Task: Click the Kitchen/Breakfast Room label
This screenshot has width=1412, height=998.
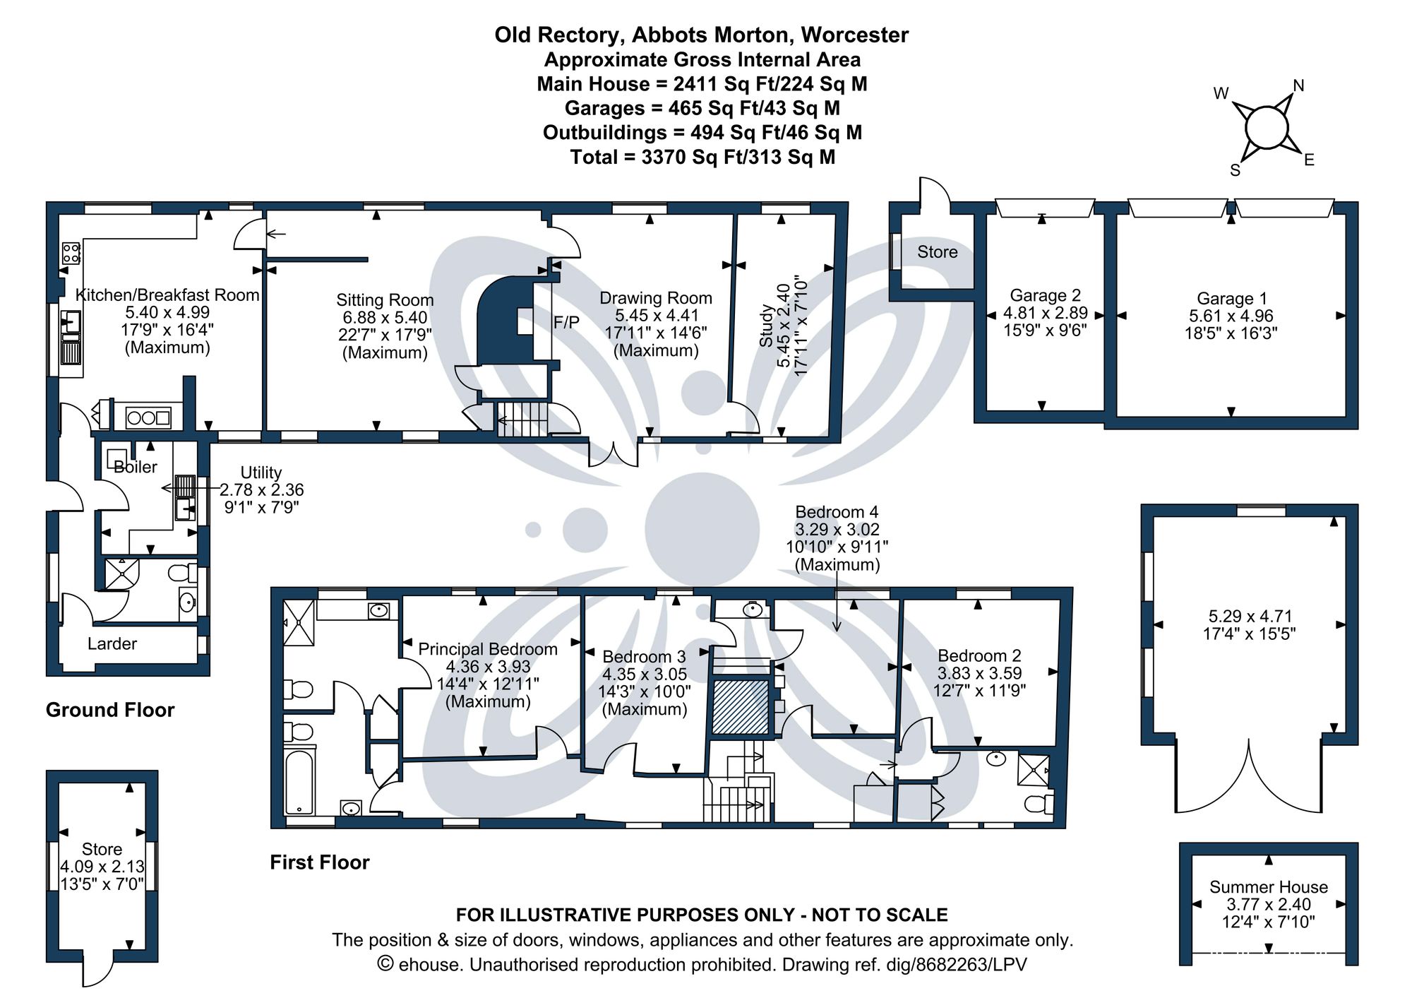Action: [x=167, y=295]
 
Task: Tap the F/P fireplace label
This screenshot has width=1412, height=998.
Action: [x=566, y=323]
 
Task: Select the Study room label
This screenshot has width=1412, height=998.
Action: [x=765, y=326]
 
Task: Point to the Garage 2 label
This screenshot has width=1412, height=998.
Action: [x=1045, y=295]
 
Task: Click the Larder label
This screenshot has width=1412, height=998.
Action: [x=112, y=643]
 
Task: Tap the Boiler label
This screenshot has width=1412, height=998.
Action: [x=136, y=467]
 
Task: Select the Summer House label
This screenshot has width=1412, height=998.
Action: [x=1268, y=887]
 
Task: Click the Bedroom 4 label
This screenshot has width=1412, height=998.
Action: [x=837, y=512]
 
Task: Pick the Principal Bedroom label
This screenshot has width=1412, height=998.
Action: [x=488, y=649]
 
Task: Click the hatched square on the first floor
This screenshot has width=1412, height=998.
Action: [x=740, y=706]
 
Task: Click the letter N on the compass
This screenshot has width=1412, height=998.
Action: [x=1298, y=86]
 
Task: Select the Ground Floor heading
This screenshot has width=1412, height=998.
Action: [x=110, y=710]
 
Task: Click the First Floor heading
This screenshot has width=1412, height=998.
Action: [x=320, y=862]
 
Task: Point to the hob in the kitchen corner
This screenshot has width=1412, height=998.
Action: [x=71, y=252]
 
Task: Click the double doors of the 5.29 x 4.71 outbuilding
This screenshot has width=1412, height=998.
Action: [x=1248, y=777]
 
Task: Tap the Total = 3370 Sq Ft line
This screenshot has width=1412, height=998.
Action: [x=702, y=157]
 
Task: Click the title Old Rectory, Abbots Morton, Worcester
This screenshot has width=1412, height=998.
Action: [x=701, y=35]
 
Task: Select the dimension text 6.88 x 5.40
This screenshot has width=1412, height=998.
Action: [x=385, y=318]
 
